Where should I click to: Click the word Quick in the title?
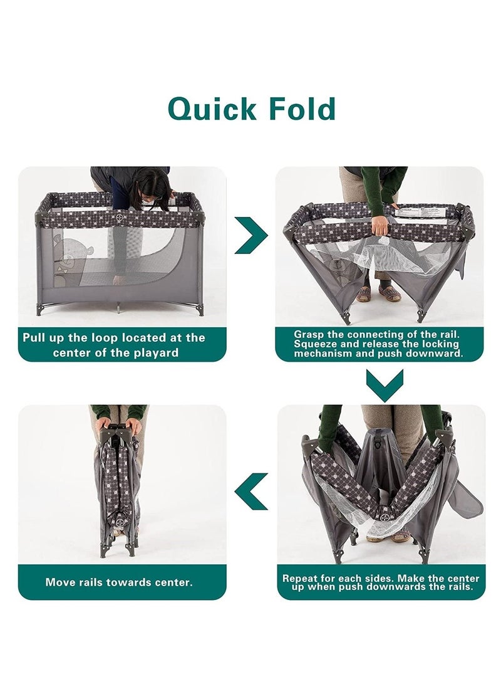click(212, 110)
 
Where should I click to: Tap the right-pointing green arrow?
click(251, 236)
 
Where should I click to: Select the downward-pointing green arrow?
click(385, 385)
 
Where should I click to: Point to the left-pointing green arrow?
click(251, 491)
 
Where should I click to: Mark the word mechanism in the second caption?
click(323, 354)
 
